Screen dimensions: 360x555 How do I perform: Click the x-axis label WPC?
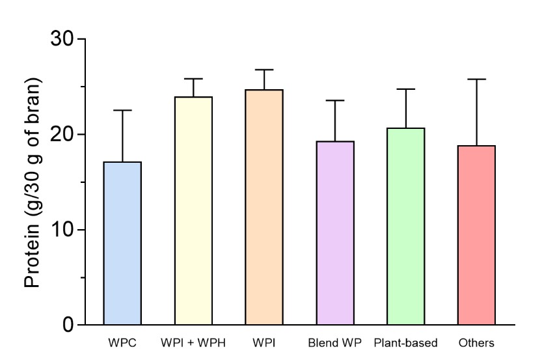122,342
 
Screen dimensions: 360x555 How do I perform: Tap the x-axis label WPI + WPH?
193,342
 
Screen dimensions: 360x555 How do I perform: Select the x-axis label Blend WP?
335,342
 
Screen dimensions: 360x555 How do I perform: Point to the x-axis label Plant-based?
405,342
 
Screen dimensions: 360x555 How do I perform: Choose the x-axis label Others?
476,342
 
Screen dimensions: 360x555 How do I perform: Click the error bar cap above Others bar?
476,79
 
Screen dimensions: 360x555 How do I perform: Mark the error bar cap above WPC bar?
122,111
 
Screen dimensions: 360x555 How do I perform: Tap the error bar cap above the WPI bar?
264,70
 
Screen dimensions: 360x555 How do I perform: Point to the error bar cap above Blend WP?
335,100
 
